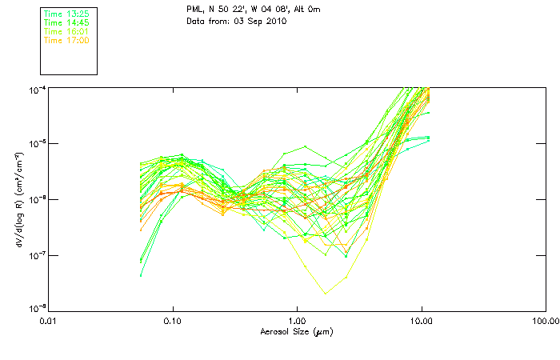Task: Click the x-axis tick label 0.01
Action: (x=49, y=321)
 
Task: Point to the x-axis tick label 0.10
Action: (x=173, y=321)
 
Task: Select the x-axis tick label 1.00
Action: (x=297, y=321)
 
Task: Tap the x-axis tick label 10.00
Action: (x=422, y=321)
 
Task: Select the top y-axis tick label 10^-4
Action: (x=37, y=88)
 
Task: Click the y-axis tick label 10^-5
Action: (x=37, y=143)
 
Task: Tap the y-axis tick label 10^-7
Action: (x=37, y=254)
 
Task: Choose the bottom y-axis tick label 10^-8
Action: (x=37, y=310)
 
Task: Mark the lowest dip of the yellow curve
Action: (x=325, y=294)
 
